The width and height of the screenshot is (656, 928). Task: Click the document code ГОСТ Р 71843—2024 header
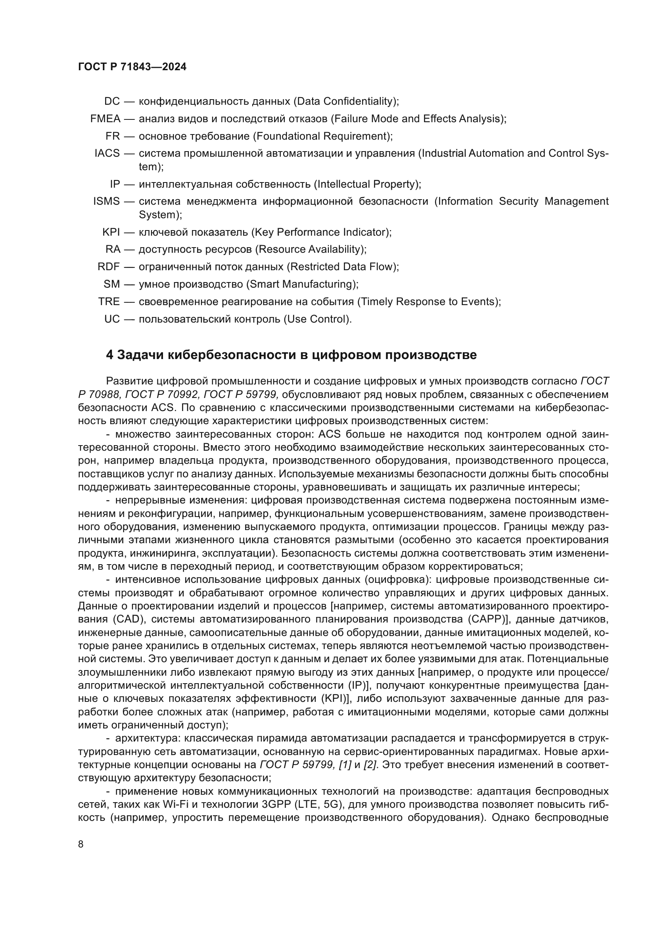[132, 67]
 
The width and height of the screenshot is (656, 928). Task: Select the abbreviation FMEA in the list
[105, 119]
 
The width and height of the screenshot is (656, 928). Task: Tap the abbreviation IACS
[107, 154]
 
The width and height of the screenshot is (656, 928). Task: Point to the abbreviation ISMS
[107, 201]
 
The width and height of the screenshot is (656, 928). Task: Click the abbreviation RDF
[109, 267]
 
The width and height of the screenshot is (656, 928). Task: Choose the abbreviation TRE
[109, 302]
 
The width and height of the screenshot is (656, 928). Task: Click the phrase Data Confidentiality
[345, 101]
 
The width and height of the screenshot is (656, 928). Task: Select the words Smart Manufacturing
[302, 284]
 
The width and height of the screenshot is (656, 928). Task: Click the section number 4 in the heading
[109, 355]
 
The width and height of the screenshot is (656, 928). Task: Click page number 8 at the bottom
[81, 844]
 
